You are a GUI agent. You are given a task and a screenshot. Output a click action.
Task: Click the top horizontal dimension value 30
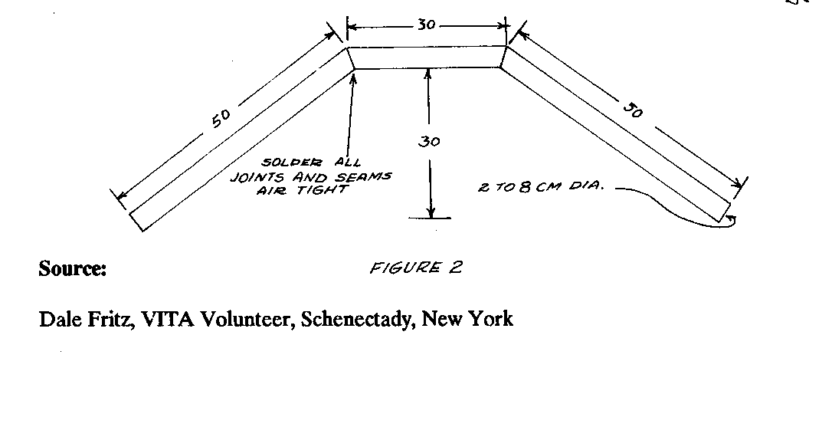coord(427,25)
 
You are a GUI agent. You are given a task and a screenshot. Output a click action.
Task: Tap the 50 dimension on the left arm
coord(220,120)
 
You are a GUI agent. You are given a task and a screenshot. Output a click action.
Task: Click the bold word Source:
coord(72,269)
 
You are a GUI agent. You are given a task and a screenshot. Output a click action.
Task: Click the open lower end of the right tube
coord(726,212)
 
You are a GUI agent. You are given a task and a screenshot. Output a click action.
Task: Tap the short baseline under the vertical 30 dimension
coord(431,218)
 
